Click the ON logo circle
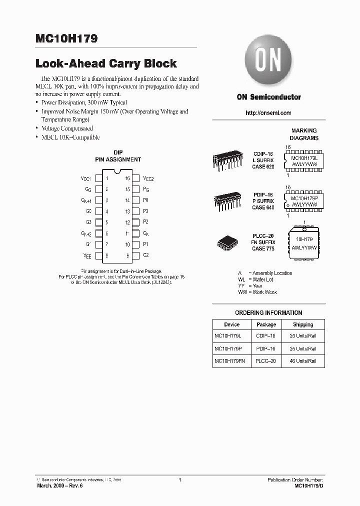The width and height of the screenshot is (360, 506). [x=268, y=61]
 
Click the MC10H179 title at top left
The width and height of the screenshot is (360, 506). [x=66, y=38]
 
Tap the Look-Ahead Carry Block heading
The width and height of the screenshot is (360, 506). [x=106, y=63]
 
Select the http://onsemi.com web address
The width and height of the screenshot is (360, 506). [x=268, y=113]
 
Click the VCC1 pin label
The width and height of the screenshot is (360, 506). [x=85, y=178]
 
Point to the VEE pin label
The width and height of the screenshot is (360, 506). [x=86, y=255]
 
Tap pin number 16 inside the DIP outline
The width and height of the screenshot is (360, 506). [x=127, y=178]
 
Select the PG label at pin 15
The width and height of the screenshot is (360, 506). [x=146, y=189]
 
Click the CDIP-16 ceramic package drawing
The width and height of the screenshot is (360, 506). [x=227, y=160]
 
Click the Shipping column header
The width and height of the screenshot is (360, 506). [x=303, y=324]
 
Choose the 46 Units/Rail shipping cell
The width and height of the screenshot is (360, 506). [x=303, y=360]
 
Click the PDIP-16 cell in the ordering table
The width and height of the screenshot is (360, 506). [x=266, y=348]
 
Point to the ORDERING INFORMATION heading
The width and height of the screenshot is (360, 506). [x=268, y=312]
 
